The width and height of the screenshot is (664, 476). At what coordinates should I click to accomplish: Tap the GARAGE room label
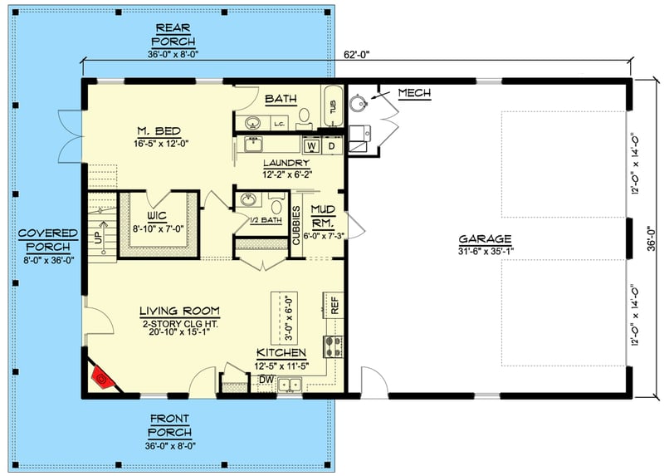tap(484, 239)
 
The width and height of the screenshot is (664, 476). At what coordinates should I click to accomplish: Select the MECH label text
tap(414, 93)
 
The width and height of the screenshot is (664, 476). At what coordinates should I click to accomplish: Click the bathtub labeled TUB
tap(333, 107)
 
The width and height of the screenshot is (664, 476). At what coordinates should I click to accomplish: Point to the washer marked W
tap(313, 146)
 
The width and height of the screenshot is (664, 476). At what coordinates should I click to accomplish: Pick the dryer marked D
tap(331, 146)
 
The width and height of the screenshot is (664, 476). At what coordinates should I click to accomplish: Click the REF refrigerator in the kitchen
tap(334, 305)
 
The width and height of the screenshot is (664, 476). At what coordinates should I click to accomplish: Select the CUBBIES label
tap(296, 223)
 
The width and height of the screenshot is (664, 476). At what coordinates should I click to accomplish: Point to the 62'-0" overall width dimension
tap(356, 56)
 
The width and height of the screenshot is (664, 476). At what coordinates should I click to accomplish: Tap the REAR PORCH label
tap(174, 35)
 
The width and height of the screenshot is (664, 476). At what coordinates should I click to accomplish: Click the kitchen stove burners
tap(336, 345)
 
